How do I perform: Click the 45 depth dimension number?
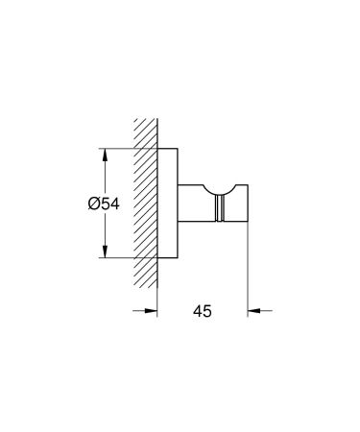(x=202, y=311)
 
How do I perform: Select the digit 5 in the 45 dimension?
(x=208, y=311)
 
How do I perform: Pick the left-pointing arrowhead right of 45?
(x=252, y=310)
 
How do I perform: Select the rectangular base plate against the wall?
(x=168, y=204)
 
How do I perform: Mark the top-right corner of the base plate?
(x=180, y=149)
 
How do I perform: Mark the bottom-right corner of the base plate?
(x=180, y=258)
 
